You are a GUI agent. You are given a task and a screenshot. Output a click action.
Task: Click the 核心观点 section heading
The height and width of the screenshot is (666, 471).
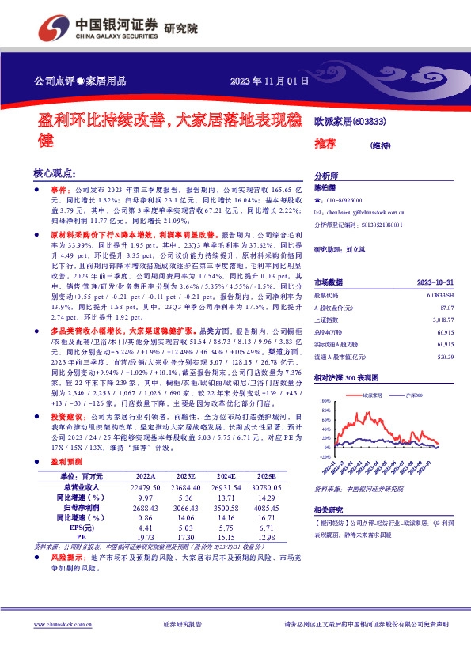(x=55, y=172)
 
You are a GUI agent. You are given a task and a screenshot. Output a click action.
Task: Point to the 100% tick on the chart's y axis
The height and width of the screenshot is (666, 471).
(x=325, y=402)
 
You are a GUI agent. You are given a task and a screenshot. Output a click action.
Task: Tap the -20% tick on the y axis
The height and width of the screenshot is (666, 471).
(x=325, y=456)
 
